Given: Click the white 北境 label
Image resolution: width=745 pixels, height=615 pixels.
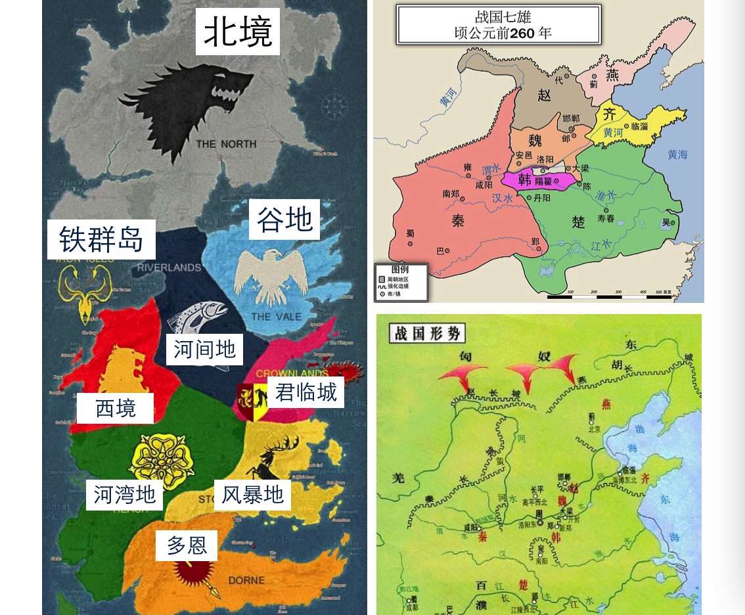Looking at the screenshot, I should [238, 32].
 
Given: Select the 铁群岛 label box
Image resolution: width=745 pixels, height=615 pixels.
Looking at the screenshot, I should [101, 239].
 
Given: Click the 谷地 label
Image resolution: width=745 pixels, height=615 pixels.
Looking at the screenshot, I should [284, 219].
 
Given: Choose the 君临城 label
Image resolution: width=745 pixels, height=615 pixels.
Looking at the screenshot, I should [305, 392].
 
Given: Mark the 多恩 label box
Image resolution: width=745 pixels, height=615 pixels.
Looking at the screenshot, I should [187, 545].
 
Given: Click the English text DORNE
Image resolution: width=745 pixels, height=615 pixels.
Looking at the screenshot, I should [246, 580].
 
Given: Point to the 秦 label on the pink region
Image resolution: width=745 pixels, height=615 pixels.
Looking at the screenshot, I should [458, 221].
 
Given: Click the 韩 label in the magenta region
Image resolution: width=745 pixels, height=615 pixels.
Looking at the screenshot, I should [524, 179].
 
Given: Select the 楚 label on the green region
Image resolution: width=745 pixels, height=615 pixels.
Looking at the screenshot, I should [577, 222].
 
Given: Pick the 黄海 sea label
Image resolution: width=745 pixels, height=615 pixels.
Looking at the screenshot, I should [677, 155].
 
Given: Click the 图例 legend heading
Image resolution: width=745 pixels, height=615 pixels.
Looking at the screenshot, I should [399, 270].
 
